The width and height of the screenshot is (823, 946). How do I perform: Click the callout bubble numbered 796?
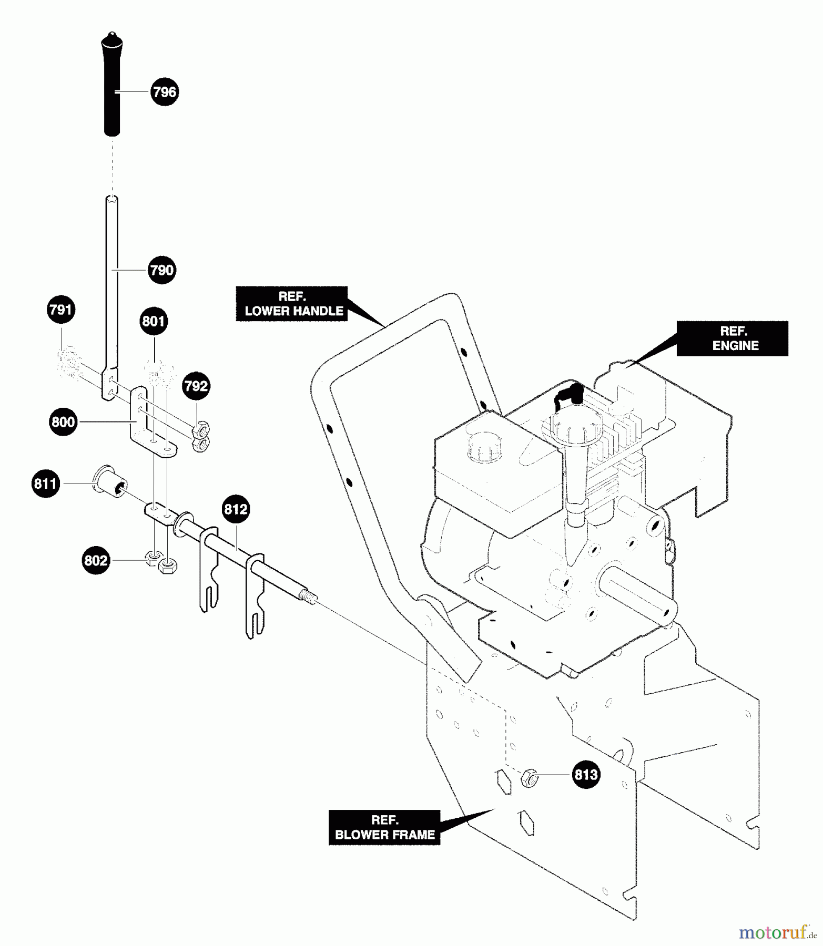(x=165, y=92)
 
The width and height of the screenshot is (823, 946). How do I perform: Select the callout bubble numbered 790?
(x=161, y=270)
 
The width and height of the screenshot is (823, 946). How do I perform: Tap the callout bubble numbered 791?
(x=61, y=310)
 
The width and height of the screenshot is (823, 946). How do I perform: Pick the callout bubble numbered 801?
(x=154, y=321)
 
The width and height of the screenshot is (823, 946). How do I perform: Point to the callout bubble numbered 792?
(x=196, y=386)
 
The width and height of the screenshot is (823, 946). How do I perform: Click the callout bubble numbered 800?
(x=63, y=422)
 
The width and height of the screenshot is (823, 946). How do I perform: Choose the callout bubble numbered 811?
(x=45, y=484)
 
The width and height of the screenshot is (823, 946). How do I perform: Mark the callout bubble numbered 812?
(x=236, y=509)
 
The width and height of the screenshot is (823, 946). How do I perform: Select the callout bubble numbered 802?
(x=96, y=561)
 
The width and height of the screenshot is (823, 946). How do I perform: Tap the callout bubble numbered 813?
(x=586, y=775)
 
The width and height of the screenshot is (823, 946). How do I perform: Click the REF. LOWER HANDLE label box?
(x=292, y=304)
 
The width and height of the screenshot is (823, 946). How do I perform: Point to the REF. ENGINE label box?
(x=732, y=338)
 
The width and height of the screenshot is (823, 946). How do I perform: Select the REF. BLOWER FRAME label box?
(x=384, y=828)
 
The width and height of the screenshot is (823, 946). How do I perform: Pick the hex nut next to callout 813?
(x=529, y=778)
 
